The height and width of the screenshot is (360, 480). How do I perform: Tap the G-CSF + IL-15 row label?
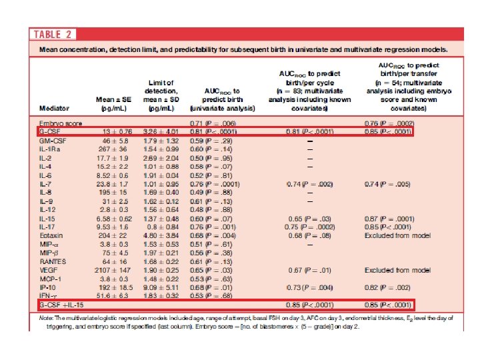tap(59, 305)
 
